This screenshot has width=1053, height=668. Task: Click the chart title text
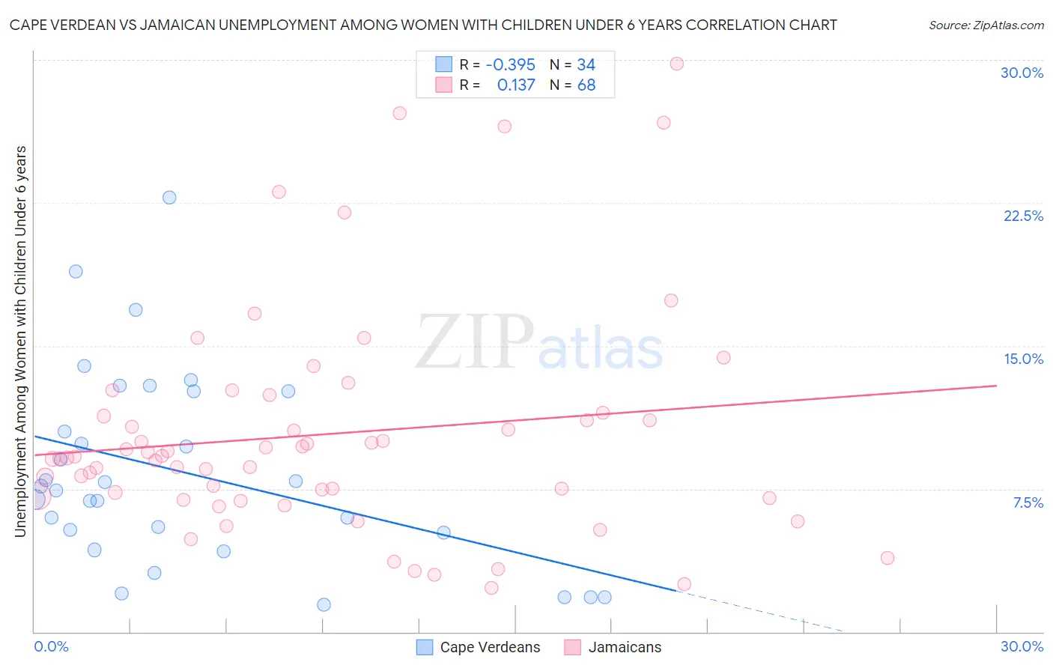[423, 25]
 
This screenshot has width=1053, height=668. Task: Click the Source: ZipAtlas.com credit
[986, 25]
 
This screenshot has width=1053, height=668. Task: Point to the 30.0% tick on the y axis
[1022, 73]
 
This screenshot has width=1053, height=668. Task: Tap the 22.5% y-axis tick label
[1023, 216]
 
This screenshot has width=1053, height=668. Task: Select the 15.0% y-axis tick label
[1023, 359]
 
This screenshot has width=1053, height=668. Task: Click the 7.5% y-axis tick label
[1028, 502]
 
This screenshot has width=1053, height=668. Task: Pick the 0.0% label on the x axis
[51, 646]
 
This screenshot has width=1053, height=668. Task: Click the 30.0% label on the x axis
[1022, 646]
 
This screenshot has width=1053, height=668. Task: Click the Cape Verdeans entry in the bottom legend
[490, 647]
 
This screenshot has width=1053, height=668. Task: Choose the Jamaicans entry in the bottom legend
[625, 647]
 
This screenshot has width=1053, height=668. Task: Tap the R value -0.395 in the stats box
[510, 64]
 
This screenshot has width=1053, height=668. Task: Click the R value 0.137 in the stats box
[516, 85]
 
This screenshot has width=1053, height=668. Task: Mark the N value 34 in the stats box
[586, 64]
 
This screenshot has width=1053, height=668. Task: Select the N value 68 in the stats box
[586, 85]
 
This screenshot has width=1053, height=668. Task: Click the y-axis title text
[20, 341]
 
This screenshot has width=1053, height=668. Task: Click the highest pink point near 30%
[676, 64]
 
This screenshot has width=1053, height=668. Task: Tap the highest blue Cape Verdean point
[169, 198]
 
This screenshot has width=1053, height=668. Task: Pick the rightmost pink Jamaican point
[887, 558]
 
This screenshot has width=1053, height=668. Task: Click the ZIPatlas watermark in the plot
[539, 342]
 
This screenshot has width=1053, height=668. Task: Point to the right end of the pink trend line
[996, 385]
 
